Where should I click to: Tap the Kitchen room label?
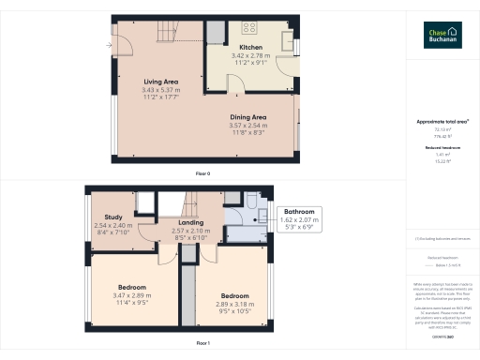click(x=250, y=47)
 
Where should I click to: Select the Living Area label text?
click(x=160, y=82)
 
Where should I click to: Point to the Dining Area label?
click(x=248, y=116)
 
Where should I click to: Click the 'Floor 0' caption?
click(x=202, y=174)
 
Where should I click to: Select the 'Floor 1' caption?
click(x=202, y=344)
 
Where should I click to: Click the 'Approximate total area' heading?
click(x=442, y=123)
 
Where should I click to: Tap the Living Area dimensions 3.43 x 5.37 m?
click(x=160, y=89)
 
